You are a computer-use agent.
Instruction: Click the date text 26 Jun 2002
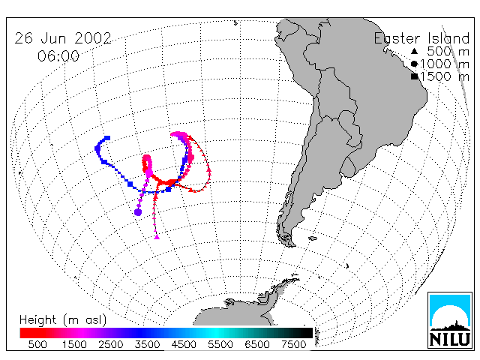coord(63,38)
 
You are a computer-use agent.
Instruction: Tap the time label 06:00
coord(58,55)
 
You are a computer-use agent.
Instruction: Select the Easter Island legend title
coord(421,38)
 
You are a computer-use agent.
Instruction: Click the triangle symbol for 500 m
coord(414,51)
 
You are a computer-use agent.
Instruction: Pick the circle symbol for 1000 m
coord(414,64)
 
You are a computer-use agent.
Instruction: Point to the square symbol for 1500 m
coord(415,76)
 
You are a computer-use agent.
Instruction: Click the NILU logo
coord(450,320)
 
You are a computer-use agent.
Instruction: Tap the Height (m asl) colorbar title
coord(63,320)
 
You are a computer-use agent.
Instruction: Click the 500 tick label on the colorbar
coord(37,344)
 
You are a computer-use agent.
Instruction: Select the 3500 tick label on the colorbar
coord(147,344)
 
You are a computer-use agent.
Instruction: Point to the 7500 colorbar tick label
coord(293,344)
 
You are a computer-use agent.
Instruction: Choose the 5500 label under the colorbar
coord(220,344)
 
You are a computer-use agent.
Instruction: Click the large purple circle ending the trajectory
coord(138,211)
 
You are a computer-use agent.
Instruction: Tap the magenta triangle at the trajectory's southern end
coord(157,236)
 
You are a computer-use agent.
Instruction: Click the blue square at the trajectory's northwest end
coord(107,138)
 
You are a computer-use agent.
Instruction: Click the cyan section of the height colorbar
coord(216,333)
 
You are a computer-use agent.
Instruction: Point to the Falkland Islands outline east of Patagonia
coord(313,238)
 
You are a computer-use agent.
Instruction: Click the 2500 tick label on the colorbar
coord(111,344)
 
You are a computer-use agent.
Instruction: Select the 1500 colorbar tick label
coord(74,344)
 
